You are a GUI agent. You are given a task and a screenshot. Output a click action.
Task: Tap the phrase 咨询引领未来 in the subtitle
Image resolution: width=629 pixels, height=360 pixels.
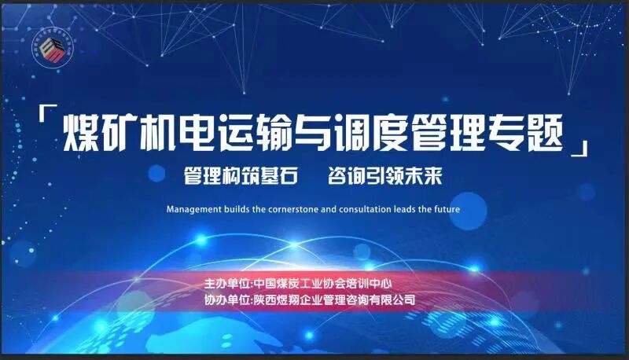pyautogui.click(x=384, y=175)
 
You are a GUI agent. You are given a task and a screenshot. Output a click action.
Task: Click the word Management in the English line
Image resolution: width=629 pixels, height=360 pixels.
pyautogui.click(x=193, y=210)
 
